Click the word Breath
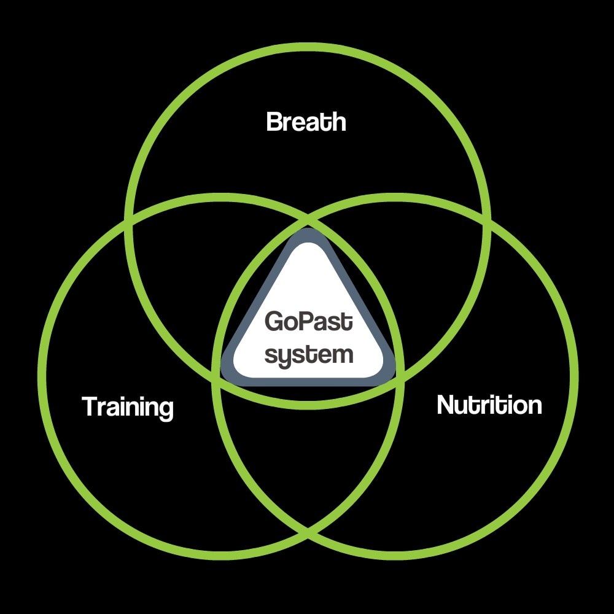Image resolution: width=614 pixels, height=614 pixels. click(306, 122)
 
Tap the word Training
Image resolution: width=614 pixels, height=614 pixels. click(128, 408)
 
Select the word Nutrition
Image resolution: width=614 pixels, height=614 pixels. click(489, 405)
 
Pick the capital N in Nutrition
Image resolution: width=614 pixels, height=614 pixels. click(445, 405)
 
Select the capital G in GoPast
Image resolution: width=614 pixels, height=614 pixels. click(272, 322)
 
